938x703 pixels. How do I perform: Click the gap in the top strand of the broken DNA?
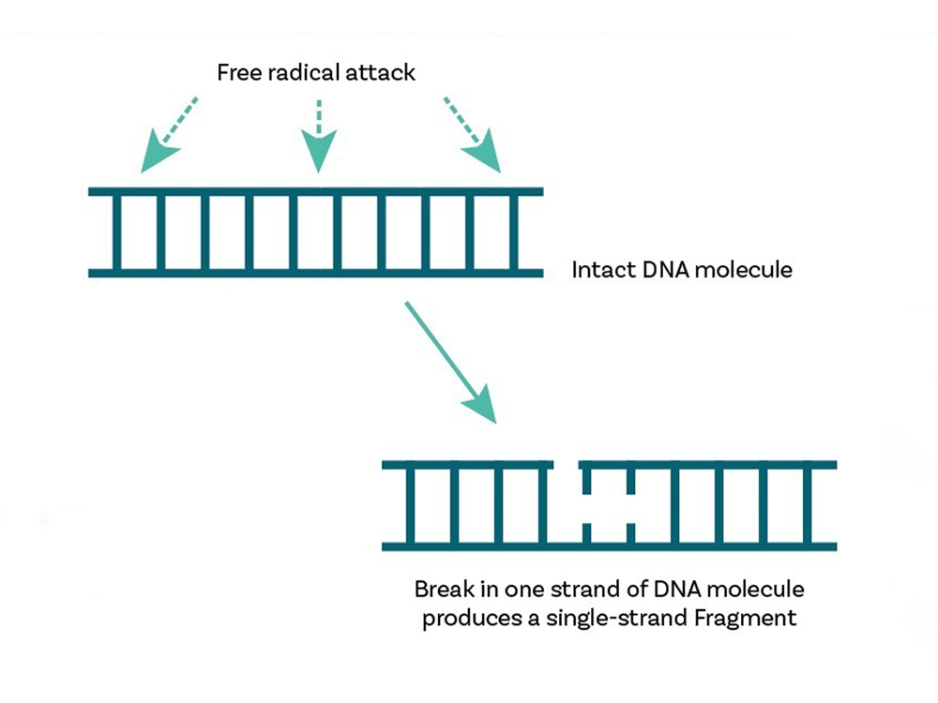[567, 465]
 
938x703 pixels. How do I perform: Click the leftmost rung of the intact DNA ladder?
[115, 232]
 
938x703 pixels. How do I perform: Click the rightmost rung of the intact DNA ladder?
[514, 232]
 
